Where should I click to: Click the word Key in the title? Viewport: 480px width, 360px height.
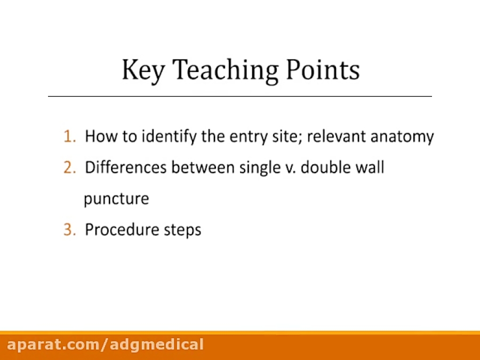coord(142,70)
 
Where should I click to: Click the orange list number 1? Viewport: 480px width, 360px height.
coord(69,137)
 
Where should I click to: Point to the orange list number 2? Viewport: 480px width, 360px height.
coord(69,168)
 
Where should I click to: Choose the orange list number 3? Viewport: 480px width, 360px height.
coord(69,230)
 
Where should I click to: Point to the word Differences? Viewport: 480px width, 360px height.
coord(126,168)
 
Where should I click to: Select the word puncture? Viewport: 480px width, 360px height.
coord(116,199)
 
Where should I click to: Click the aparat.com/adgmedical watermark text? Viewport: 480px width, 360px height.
coord(105,345)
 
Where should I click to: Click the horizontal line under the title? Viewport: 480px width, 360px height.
coord(240,96)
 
